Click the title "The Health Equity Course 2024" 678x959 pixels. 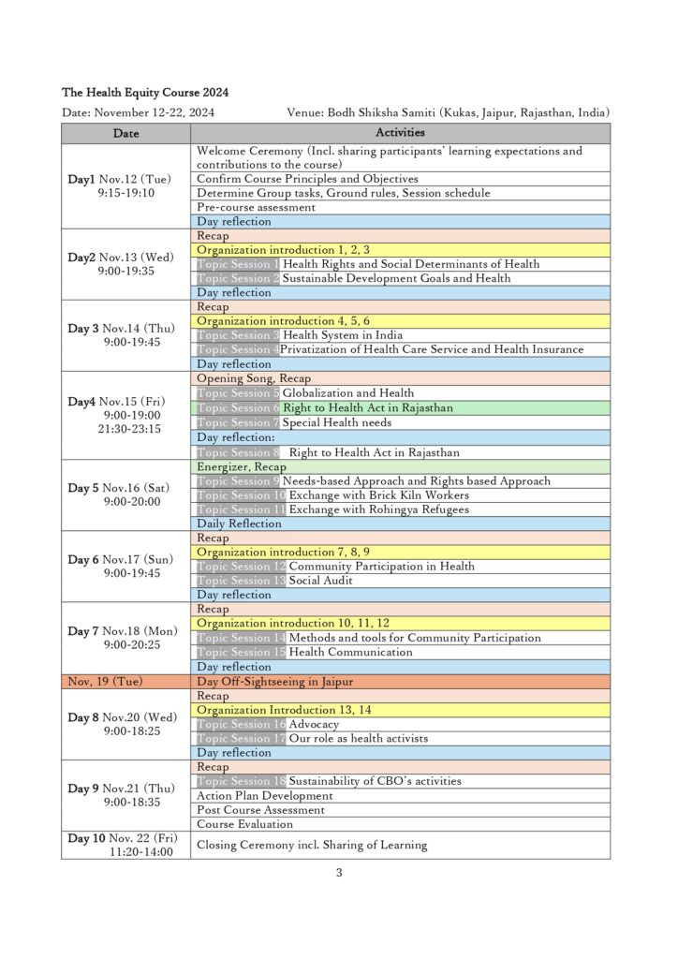tap(145, 93)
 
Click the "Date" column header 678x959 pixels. tap(125, 134)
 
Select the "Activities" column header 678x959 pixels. tap(400, 134)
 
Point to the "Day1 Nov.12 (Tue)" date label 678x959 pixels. tap(125, 179)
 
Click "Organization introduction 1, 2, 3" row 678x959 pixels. tap(283, 250)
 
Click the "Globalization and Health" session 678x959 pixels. tap(347, 393)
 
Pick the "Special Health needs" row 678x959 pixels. tap(337, 422)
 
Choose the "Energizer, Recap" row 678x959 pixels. tap(242, 466)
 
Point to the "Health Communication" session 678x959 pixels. tap(350, 652)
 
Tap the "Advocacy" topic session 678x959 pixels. tap(314, 724)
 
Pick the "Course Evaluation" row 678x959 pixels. tap(244, 824)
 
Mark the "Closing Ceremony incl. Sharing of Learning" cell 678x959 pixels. tap(311, 845)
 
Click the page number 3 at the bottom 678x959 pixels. tap(339, 873)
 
